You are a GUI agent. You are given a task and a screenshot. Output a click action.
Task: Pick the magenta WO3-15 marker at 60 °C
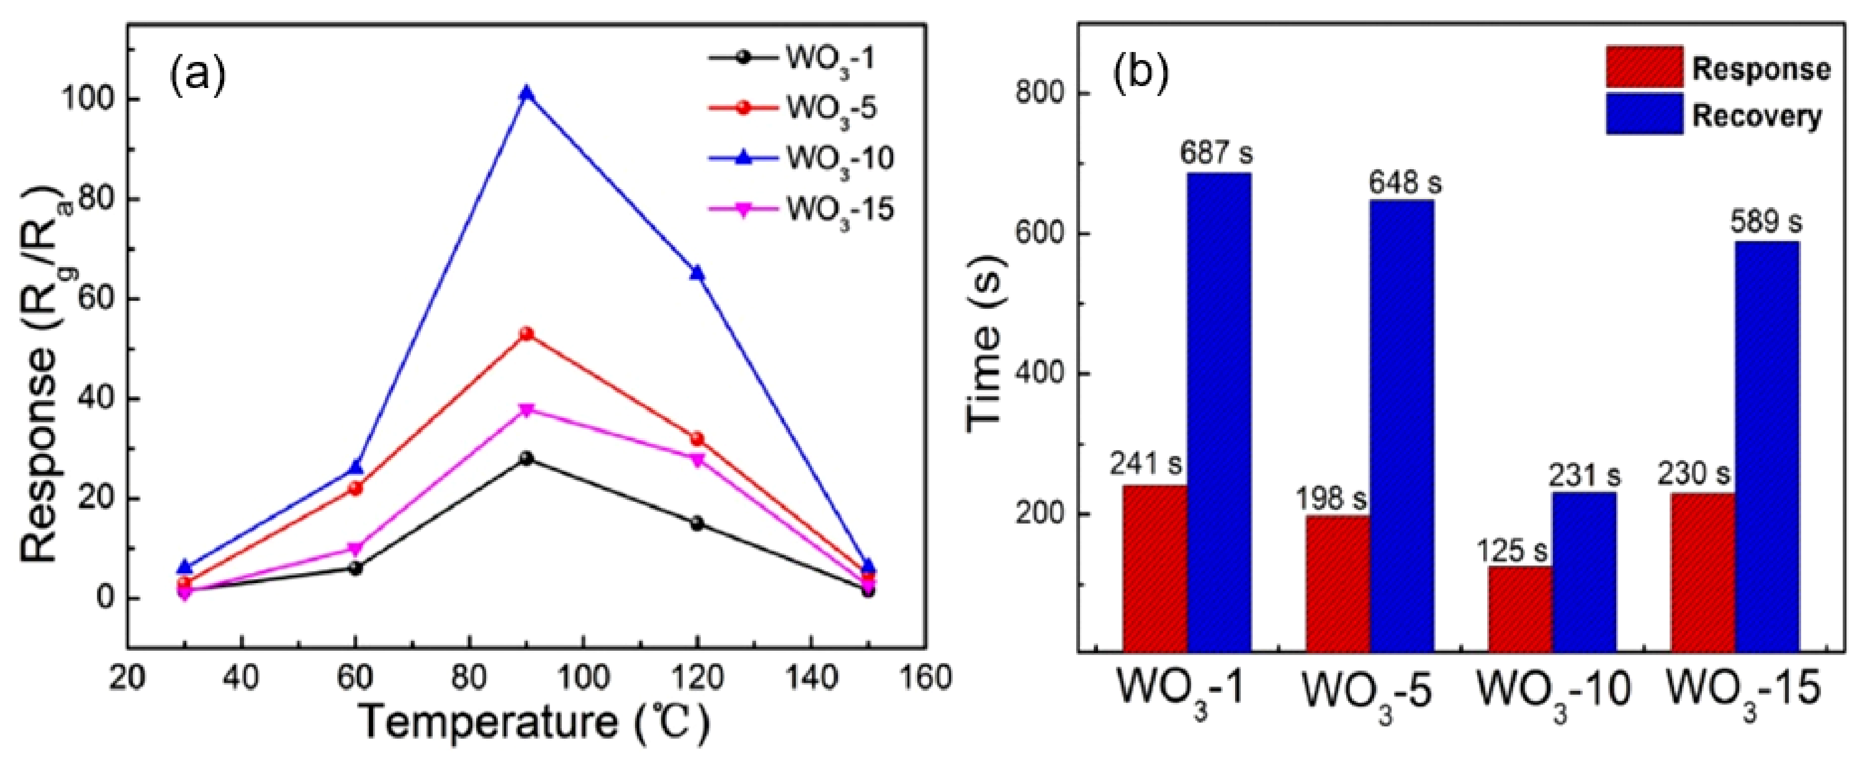tap(355, 549)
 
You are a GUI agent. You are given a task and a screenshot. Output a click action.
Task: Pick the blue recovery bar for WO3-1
tap(1219, 412)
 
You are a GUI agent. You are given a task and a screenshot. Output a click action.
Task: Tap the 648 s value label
tap(1404, 183)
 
